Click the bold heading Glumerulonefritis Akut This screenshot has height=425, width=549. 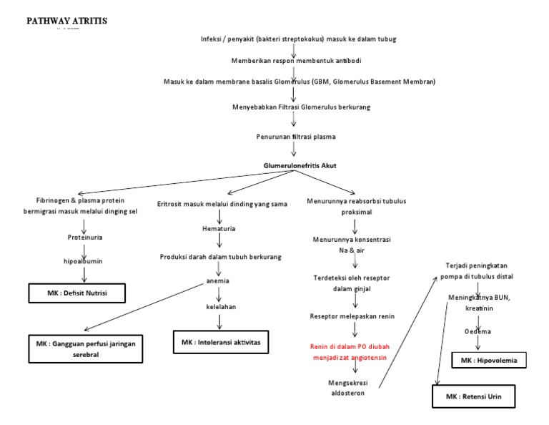pos(300,166)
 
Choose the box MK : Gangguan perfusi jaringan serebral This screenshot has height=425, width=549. pos(86,348)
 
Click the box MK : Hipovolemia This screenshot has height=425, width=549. pos(489,360)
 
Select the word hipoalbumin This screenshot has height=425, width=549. pos(85,261)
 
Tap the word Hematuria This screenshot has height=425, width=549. pos(219,229)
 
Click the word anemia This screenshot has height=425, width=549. pos(218,280)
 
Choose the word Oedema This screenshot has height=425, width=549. pos(478,331)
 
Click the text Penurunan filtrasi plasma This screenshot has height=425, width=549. pos(295,136)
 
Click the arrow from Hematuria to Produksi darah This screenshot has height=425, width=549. pos(219,243)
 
